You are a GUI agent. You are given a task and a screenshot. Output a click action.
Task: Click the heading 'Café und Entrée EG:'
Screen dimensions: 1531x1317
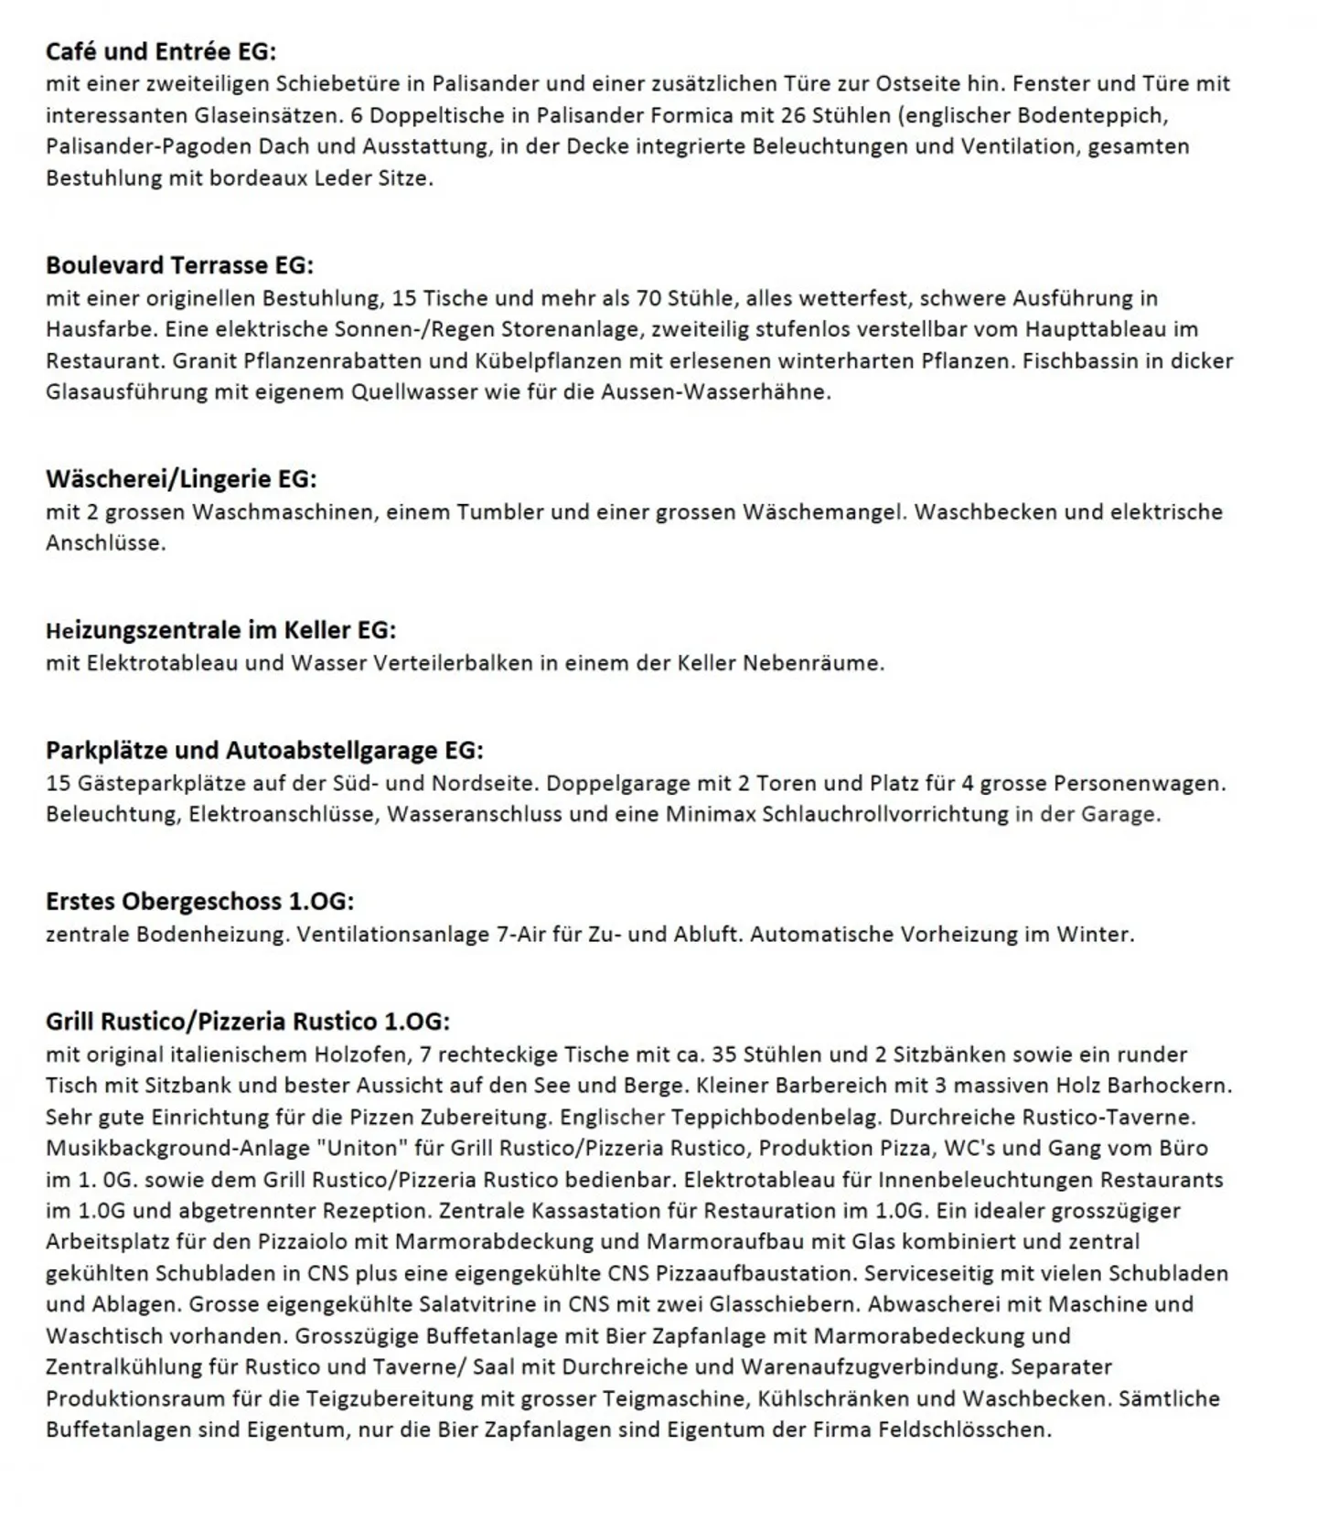(x=161, y=51)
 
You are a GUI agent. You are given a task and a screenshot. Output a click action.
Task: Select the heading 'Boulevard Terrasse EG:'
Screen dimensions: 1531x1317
(x=179, y=265)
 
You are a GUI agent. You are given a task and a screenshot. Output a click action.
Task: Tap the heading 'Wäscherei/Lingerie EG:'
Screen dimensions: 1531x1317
(x=181, y=478)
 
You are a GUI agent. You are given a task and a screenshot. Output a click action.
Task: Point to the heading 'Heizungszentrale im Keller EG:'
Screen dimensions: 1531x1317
(x=220, y=630)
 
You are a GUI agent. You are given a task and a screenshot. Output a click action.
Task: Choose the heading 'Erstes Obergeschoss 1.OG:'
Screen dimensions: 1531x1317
(x=199, y=901)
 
